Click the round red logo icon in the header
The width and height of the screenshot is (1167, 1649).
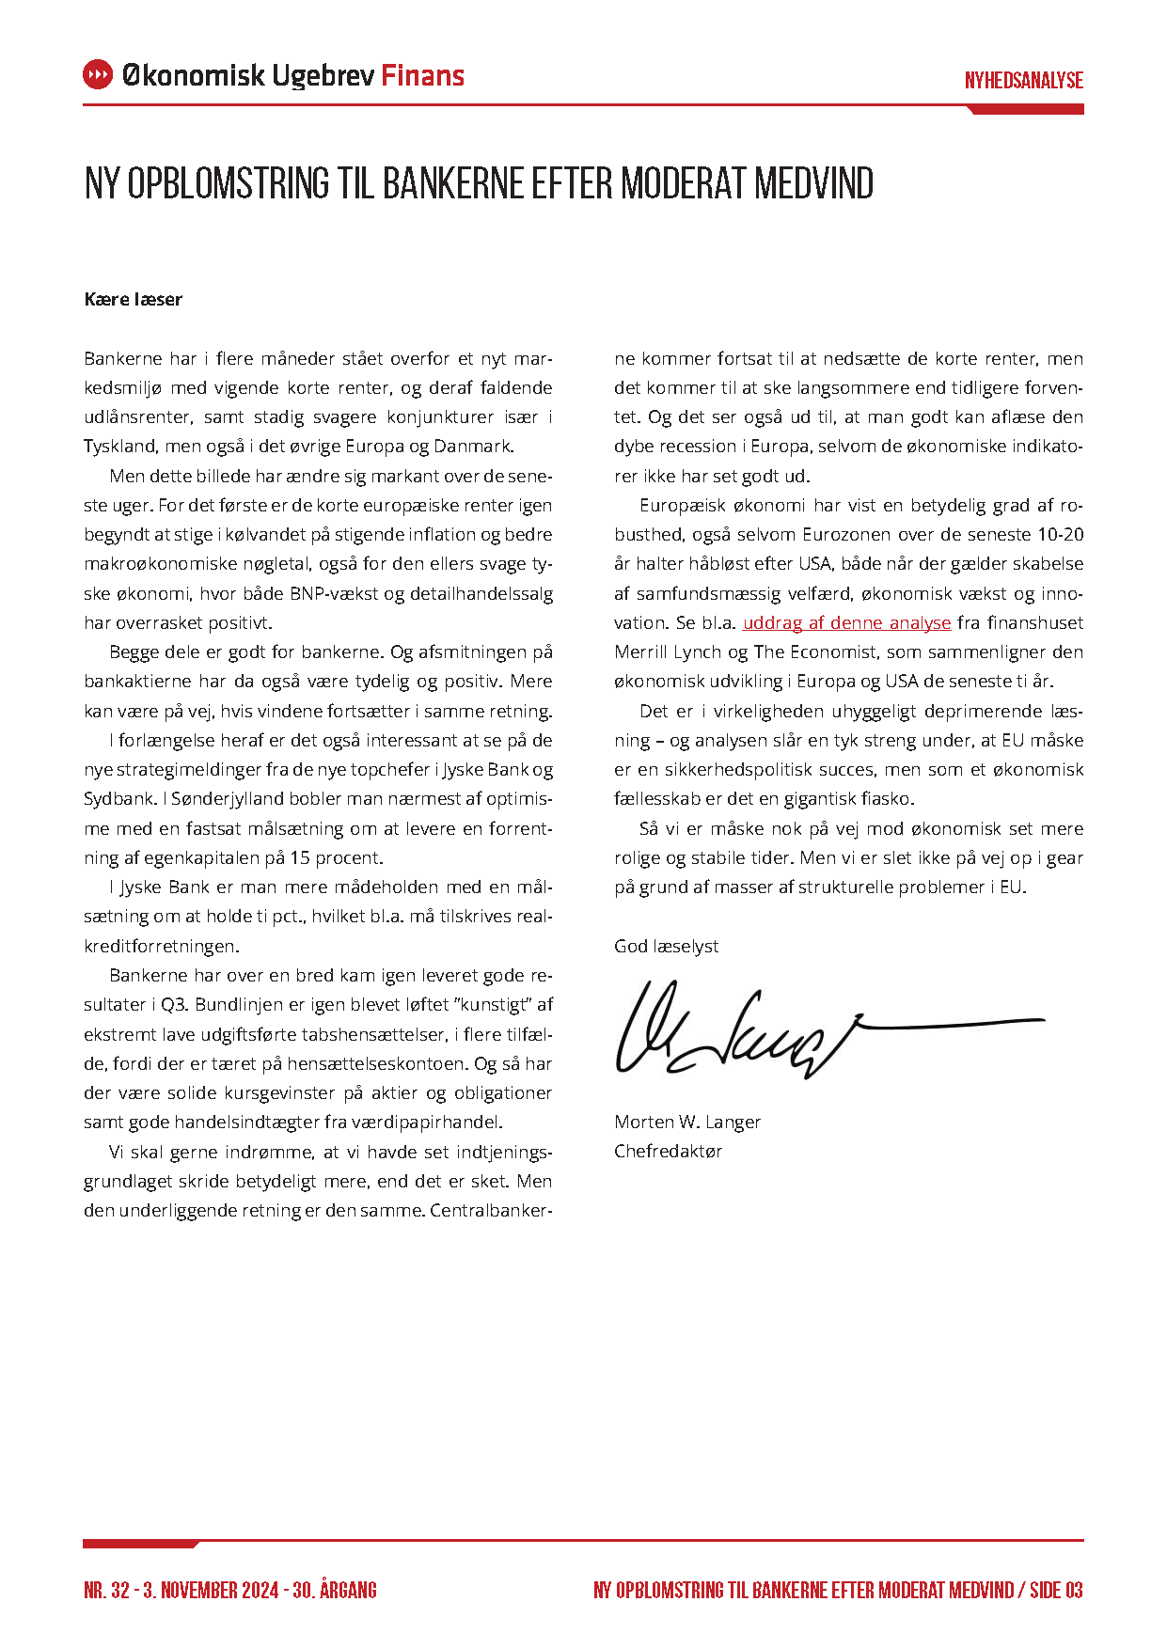point(98,75)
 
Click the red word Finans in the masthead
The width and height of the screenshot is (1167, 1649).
point(422,76)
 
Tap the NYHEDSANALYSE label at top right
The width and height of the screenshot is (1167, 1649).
point(1023,81)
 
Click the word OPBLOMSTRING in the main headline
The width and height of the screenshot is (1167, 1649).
point(229,183)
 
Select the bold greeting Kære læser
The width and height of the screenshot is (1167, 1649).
point(133,300)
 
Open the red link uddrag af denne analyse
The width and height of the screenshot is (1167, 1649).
point(846,623)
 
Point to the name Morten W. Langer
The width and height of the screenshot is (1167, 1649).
point(686,1122)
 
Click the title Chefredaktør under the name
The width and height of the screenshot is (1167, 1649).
point(668,1151)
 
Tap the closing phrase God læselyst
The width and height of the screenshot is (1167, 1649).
point(666,946)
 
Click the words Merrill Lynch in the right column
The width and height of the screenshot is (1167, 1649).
point(654,652)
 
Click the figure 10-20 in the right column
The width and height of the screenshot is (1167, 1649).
point(1060,535)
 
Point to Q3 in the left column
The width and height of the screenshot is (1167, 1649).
point(174,1005)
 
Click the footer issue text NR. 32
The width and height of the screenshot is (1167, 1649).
point(106,1590)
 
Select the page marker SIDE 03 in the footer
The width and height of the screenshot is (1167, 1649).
point(1056,1590)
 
